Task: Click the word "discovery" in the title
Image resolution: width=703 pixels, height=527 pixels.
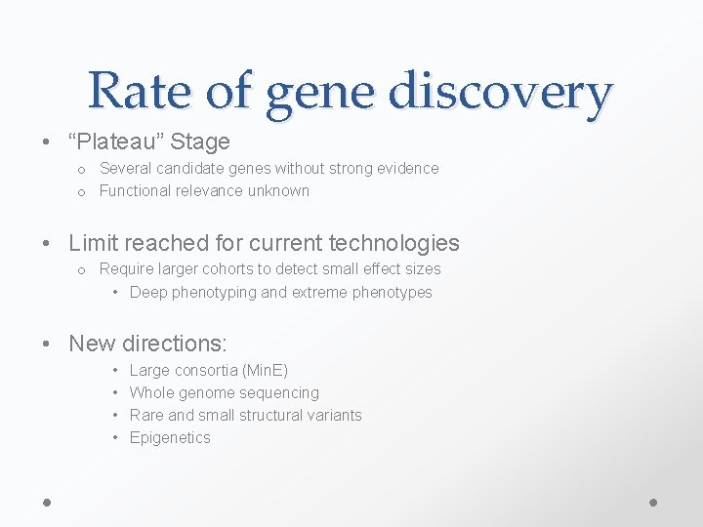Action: point(500,92)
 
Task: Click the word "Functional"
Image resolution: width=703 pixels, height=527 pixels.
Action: point(137,191)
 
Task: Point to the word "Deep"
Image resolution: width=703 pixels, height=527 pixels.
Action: point(147,293)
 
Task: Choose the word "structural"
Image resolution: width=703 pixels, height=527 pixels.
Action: point(271,416)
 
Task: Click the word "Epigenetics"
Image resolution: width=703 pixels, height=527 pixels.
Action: point(170,438)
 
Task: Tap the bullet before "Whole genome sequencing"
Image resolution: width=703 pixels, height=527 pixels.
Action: point(115,393)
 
